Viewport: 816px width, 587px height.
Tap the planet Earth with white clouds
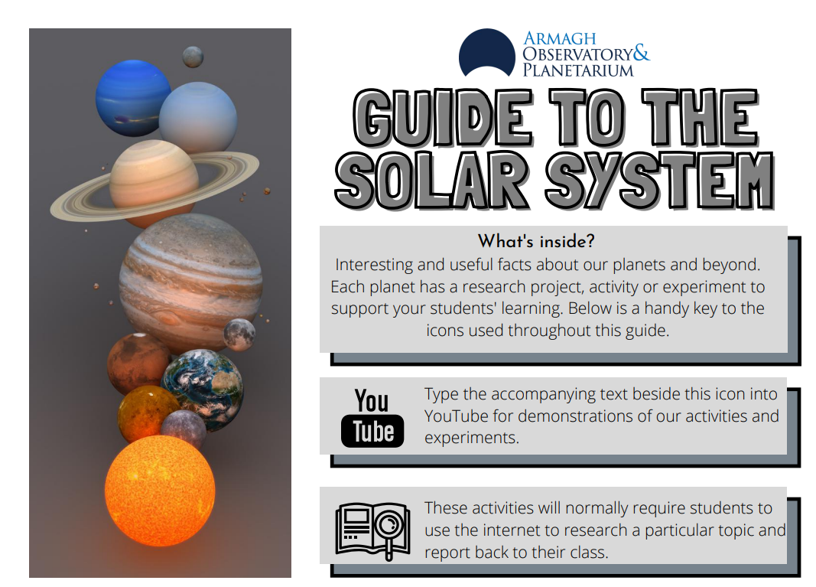pyautogui.click(x=203, y=390)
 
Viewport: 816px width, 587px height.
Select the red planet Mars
pyautogui.click(x=138, y=363)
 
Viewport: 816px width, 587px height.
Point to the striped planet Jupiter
pyautogui.click(x=190, y=282)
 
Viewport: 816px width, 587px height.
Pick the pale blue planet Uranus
pyautogui.click(x=198, y=116)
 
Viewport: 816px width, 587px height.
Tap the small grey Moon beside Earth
pyautogui.click(x=239, y=334)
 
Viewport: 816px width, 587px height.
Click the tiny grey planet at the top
pyautogui.click(x=193, y=57)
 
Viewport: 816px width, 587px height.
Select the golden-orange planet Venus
pyautogui.click(x=148, y=414)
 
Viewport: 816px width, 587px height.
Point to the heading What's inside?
pyautogui.click(x=536, y=241)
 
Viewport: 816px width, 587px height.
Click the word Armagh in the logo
pyautogui.click(x=560, y=38)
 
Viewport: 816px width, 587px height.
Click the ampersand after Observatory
pyautogui.click(x=642, y=53)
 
